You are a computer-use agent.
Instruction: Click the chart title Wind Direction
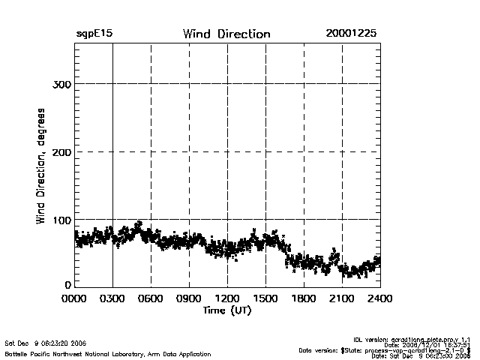pos(226,34)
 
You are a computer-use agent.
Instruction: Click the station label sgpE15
pos(94,34)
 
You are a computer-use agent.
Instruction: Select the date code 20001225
pos(351,34)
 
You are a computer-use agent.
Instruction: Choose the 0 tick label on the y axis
pos(68,285)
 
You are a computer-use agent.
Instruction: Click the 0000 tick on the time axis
pos(75,298)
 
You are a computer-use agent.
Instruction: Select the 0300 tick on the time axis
pos(112,298)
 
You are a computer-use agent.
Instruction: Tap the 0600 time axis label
pos(151,298)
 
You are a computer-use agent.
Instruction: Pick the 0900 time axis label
pos(189,298)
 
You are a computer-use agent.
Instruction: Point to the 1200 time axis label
pos(227,298)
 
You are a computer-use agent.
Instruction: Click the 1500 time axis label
pos(265,298)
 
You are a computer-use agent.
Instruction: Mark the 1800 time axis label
pos(304,298)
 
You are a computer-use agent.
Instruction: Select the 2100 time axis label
pos(342,298)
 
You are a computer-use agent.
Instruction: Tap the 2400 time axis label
pos(379,298)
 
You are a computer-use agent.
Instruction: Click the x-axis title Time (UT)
pos(226,310)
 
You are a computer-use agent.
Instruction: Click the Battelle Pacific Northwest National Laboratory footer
pos(108,353)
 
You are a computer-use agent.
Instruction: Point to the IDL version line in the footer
pos(417,339)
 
